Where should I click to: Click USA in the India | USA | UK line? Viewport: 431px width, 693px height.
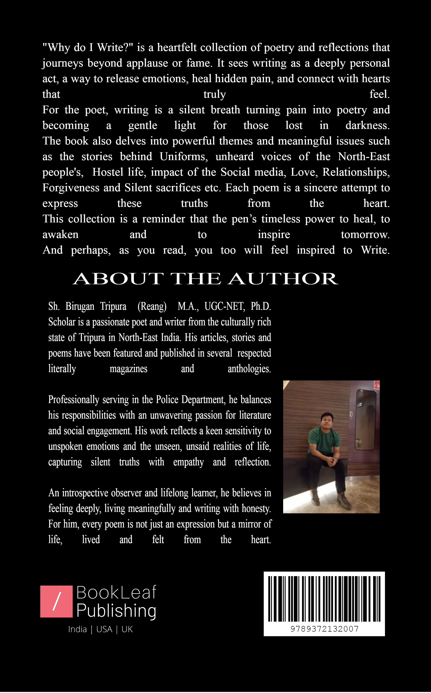click(104, 629)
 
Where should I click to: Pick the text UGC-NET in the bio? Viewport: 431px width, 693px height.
click(224, 306)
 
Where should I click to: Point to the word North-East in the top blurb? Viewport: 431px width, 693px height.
click(364, 157)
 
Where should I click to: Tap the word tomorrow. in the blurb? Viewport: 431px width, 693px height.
click(365, 234)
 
